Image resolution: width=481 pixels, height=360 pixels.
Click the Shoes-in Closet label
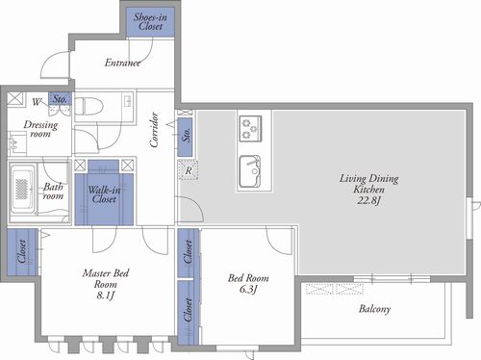150,21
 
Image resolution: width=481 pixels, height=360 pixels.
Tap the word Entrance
122,63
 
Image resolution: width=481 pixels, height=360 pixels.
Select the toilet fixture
89,106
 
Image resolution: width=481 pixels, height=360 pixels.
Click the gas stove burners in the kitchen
250,129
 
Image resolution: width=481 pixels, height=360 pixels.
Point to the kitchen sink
250,171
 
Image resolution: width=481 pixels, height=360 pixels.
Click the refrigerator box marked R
189,170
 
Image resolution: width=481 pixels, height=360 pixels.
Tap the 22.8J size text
368,200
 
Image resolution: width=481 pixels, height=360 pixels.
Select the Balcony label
374,309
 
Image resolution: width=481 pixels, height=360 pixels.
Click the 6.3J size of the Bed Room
248,289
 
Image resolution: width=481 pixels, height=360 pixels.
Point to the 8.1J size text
106,295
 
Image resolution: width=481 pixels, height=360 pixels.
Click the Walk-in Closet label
104,194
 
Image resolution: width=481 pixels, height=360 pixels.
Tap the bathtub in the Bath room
22,189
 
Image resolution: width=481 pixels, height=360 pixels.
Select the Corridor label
154,130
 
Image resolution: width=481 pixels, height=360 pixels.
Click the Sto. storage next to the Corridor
185,138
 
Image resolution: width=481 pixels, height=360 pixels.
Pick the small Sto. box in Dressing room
60,99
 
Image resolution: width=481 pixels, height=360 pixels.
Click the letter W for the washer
37,102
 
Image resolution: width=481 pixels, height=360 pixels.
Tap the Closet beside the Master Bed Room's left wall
22,252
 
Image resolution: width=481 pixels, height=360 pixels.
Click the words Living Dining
369,178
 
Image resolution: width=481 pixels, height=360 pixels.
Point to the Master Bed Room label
106,278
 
